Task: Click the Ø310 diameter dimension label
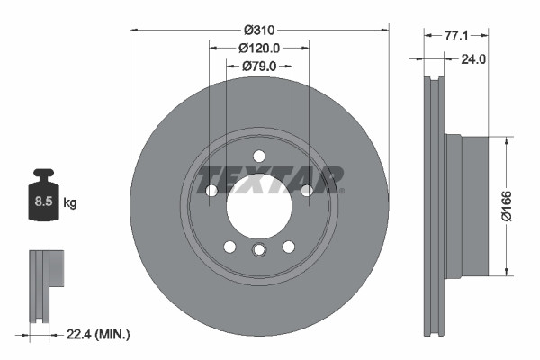pos(259,16)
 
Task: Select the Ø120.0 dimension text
pos(259,48)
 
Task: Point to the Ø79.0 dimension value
pos(259,66)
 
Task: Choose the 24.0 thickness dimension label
pos(473,59)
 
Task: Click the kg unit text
pos(70,202)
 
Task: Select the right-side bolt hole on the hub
pos(307,191)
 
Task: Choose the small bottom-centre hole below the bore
pos(259,251)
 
